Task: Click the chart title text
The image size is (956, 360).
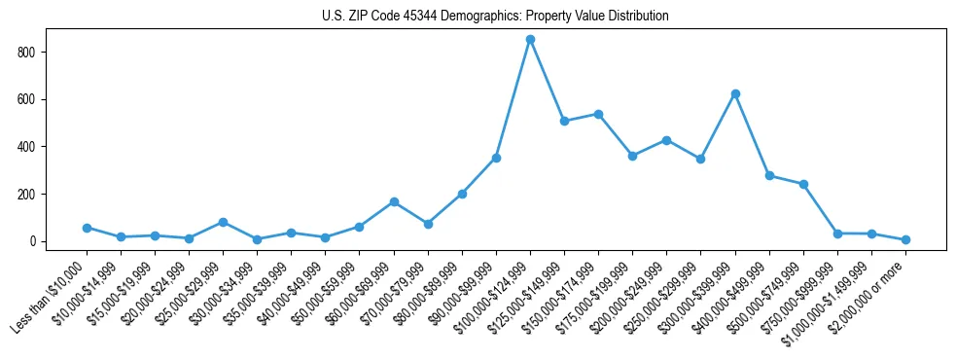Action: (495, 17)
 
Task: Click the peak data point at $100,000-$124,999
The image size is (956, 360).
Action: (530, 39)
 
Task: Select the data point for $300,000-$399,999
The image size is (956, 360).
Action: (735, 93)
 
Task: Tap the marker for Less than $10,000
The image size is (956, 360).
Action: (87, 228)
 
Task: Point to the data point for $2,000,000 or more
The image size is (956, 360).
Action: (905, 239)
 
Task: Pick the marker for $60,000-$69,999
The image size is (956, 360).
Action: (394, 201)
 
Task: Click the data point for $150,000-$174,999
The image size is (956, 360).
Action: (598, 114)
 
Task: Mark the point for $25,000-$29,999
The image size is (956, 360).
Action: (223, 222)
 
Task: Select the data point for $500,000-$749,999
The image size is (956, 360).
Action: (803, 184)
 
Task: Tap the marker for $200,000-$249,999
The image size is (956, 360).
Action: (666, 140)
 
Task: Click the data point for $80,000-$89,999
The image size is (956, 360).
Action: (462, 194)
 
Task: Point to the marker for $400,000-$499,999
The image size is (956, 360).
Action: (769, 175)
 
